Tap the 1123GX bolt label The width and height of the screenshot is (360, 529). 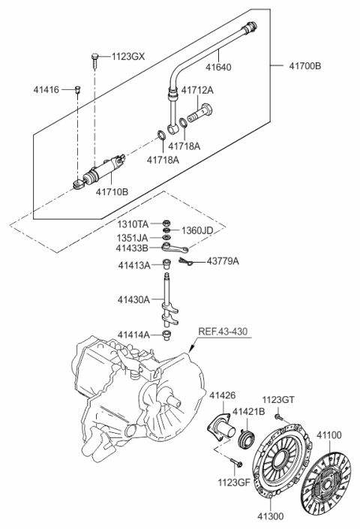coord(130,56)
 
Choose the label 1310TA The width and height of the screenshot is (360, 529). coord(133,224)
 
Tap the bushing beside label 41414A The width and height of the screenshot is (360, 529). coord(168,335)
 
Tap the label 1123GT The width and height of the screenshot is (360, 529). coord(279,400)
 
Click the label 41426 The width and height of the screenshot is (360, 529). coord(222,395)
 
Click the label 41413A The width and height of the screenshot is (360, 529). coord(133,265)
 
